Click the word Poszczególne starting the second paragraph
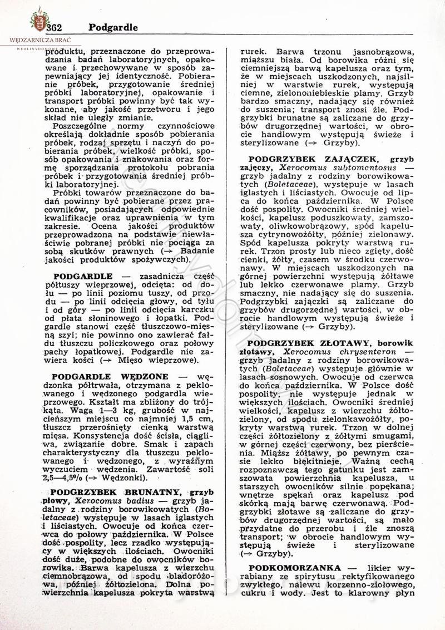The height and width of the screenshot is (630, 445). (x=82, y=126)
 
